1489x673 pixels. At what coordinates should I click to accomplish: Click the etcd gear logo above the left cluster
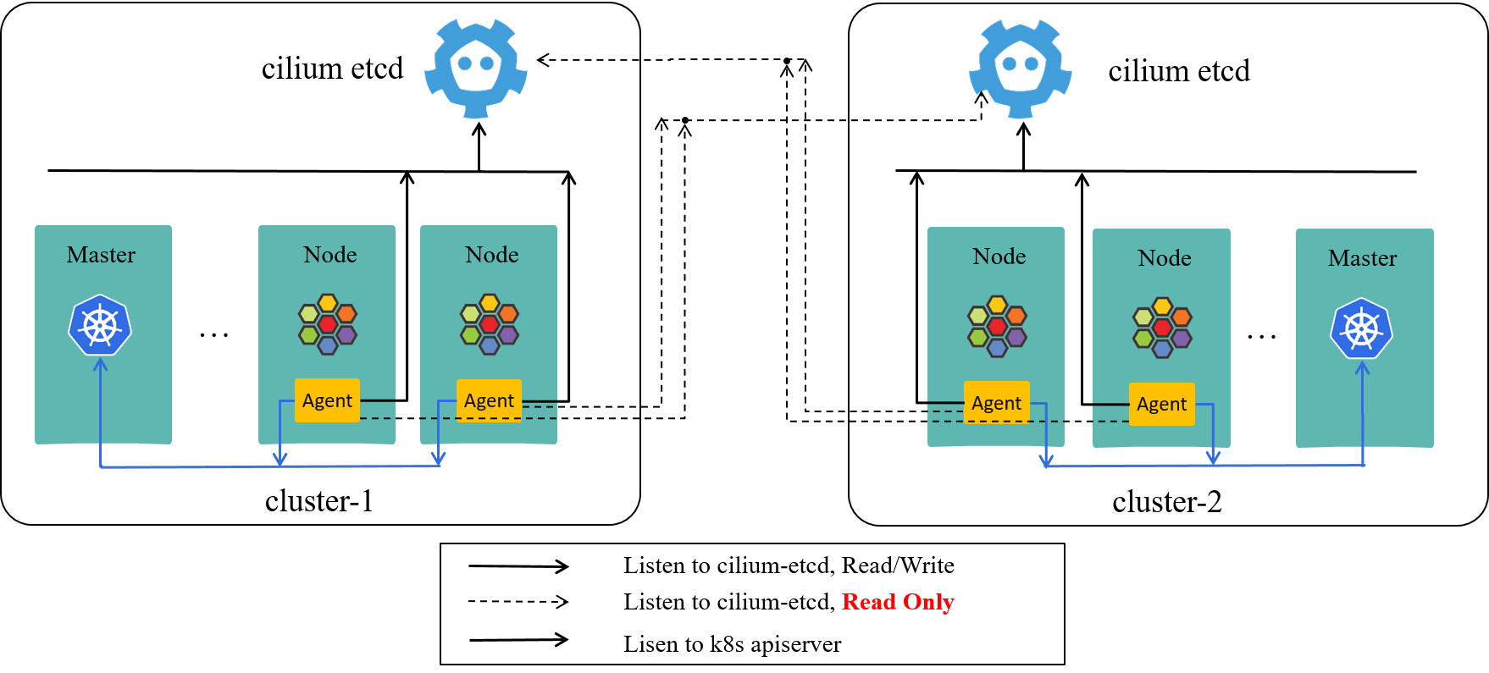point(476,69)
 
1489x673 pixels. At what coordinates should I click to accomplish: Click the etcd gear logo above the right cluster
point(1020,69)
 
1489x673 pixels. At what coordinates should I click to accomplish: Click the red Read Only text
point(898,602)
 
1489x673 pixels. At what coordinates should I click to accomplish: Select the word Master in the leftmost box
point(101,255)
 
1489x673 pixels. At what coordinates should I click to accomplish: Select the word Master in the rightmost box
point(1362,258)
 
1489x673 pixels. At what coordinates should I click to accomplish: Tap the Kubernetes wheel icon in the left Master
point(100,325)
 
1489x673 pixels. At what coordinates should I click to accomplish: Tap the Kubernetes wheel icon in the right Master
point(1361,328)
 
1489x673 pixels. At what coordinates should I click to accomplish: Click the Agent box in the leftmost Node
point(327,400)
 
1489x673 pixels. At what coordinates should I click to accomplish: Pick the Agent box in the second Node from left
point(489,400)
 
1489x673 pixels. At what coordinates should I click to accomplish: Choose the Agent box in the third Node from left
point(996,403)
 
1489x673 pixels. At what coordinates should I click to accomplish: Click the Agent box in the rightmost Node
point(1161,404)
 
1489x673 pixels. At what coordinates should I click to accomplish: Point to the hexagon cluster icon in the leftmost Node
point(328,324)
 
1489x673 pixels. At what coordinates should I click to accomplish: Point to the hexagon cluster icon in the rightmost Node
point(1162,328)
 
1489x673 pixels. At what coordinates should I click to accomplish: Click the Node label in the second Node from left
point(491,255)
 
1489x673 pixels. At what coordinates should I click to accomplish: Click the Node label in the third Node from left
point(999,257)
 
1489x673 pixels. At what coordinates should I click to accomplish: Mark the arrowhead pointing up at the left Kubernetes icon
point(100,365)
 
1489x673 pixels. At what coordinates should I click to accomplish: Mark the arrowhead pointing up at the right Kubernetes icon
point(1362,367)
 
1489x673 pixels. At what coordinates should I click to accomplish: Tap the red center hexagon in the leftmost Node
point(328,324)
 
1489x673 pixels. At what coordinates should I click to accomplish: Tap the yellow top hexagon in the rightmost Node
point(1162,306)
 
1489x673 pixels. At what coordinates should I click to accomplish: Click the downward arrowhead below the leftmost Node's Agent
point(280,459)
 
